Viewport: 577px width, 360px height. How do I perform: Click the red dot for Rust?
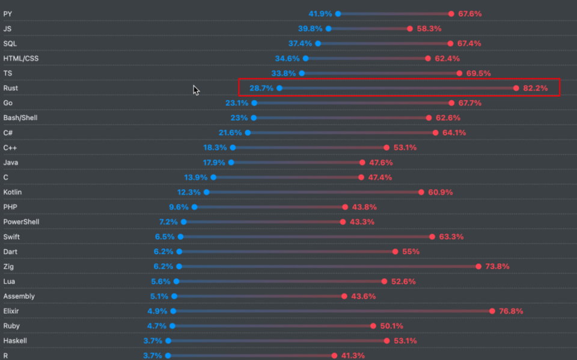516,88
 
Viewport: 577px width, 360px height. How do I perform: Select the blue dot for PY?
338,14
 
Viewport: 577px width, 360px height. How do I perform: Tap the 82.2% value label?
536,88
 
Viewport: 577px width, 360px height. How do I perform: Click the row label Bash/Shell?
20,118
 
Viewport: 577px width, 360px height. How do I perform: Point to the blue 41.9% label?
320,14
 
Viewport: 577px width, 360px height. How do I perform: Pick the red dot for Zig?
478,266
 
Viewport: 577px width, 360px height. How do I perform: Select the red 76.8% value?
511,311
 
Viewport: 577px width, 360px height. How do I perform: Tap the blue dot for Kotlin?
207,192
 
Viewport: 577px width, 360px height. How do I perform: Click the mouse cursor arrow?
195,90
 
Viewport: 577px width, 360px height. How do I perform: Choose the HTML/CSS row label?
21,58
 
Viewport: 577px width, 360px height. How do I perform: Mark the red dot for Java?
362,162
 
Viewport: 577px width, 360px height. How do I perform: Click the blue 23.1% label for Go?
237,103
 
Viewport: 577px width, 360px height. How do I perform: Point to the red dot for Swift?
432,237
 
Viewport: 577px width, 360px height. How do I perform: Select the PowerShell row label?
22,222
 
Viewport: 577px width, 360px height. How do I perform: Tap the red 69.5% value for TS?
478,73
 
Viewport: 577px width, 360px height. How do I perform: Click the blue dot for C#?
248,133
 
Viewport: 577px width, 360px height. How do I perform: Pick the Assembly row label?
19,296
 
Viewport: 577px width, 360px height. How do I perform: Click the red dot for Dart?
395,252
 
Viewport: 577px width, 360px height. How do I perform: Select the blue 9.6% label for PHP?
179,207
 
